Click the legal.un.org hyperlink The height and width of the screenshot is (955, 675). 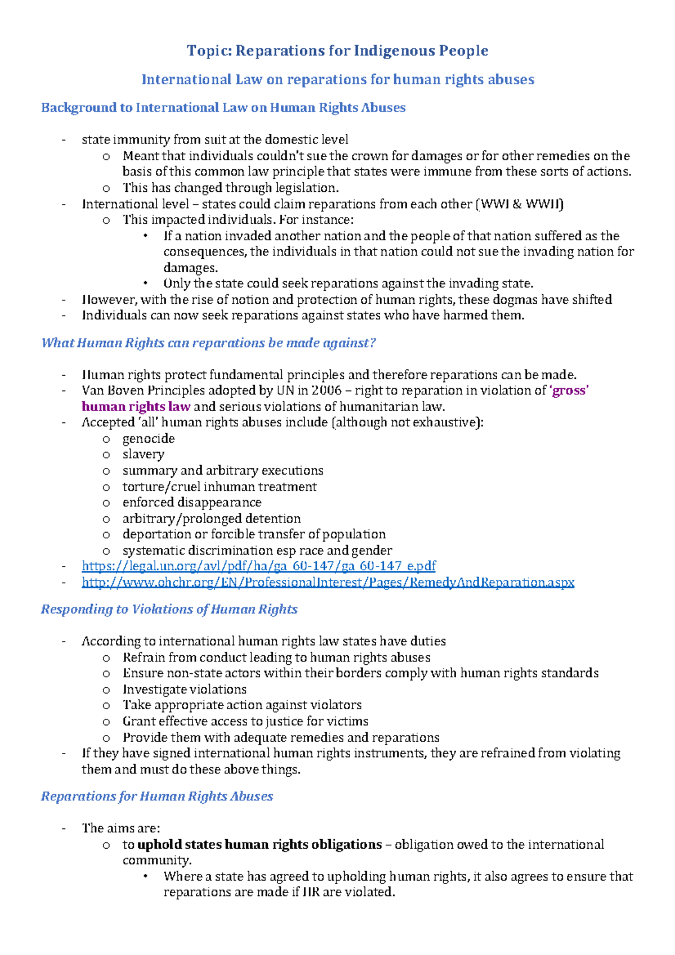pyautogui.click(x=259, y=566)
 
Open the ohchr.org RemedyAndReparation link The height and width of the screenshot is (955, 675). pyautogui.click(x=328, y=582)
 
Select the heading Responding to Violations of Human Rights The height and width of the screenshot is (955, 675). pyautogui.click(x=169, y=609)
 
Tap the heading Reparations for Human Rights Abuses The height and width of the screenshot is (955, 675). pyautogui.click(x=157, y=796)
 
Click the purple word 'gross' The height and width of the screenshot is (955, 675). pyautogui.click(x=569, y=390)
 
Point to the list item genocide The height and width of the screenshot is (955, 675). pyautogui.click(x=148, y=439)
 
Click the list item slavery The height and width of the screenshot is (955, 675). pyautogui.click(x=143, y=454)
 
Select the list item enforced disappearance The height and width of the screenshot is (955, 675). pyautogui.click(x=192, y=502)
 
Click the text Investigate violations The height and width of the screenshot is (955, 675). pyautogui.click(x=184, y=690)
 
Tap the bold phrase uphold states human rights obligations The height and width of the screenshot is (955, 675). pyautogui.click(x=259, y=845)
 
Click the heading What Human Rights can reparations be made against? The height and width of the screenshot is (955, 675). pyautogui.click(x=208, y=343)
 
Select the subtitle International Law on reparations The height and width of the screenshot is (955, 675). pyautogui.click(x=337, y=79)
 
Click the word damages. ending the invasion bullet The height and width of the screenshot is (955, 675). pyautogui.click(x=190, y=268)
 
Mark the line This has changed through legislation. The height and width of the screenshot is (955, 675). pyautogui.click(x=231, y=188)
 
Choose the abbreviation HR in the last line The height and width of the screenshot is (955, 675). pyautogui.click(x=311, y=892)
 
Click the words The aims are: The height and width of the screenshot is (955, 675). pyautogui.click(x=121, y=828)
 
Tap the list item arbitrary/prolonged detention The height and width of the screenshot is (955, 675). pyautogui.click(x=211, y=519)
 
